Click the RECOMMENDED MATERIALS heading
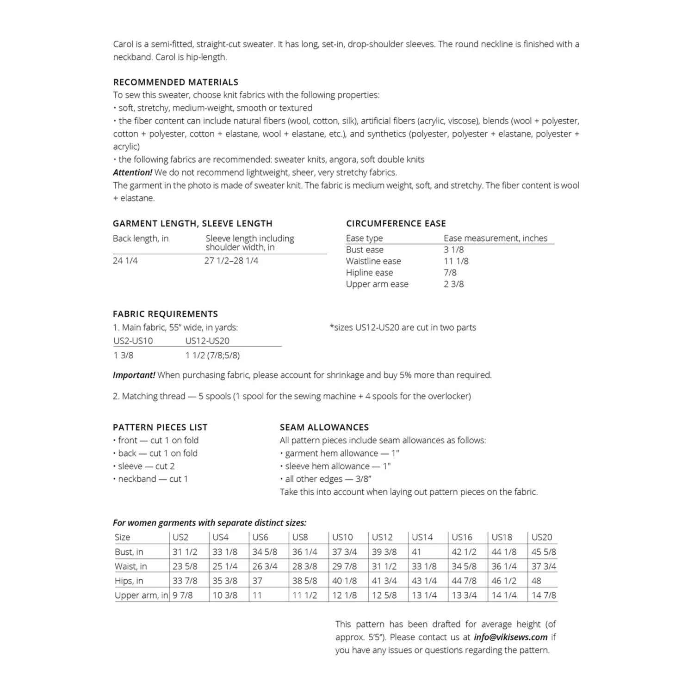(x=175, y=82)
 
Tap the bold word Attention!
(x=132, y=172)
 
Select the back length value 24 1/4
(x=125, y=261)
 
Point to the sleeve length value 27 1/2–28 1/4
(x=231, y=261)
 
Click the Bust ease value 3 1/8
(x=453, y=250)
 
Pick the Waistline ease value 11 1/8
(x=456, y=261)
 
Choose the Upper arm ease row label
(x=377, y=284)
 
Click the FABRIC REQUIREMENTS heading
(x=165, y=314)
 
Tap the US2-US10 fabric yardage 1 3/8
(x=123, y=356)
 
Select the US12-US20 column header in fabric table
(x=207, y=341)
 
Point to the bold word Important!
(x=134, y=375)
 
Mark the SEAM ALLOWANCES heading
(x=324, y=428)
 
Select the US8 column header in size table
(x=300, y=537)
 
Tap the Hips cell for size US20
(x=537, y=581)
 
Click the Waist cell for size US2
(x=185, y=566)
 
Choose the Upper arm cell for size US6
(x=257, y=595)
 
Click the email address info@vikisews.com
(x=510, y=637)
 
